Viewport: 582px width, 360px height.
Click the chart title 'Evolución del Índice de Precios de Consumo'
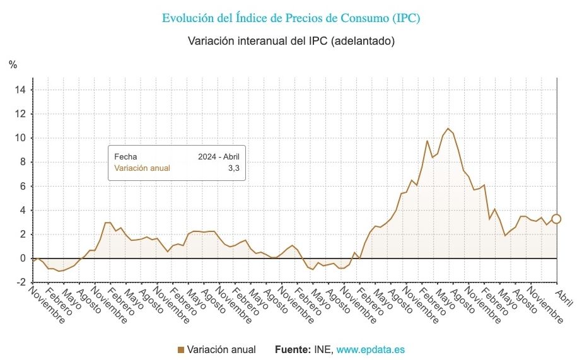291,18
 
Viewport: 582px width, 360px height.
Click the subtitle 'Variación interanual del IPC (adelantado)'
291,41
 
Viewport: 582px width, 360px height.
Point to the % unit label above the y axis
13,64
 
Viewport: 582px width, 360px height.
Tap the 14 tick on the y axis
20,90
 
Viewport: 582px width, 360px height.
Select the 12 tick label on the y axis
20,114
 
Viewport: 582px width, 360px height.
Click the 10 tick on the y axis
20,138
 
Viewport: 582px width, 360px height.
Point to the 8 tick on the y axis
23,162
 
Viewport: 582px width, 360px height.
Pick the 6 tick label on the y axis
23,186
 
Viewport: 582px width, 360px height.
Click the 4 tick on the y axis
23,210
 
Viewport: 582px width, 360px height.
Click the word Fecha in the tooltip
125,156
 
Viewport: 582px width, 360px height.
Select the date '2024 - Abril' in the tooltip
218,156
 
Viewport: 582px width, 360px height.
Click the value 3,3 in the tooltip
233,168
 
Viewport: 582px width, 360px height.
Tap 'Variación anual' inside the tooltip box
142,168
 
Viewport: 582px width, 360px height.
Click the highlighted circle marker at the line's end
556,219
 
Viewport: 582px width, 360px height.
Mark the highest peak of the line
448,129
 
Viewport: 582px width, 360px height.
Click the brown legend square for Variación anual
181,349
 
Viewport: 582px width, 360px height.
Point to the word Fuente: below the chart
293,349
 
